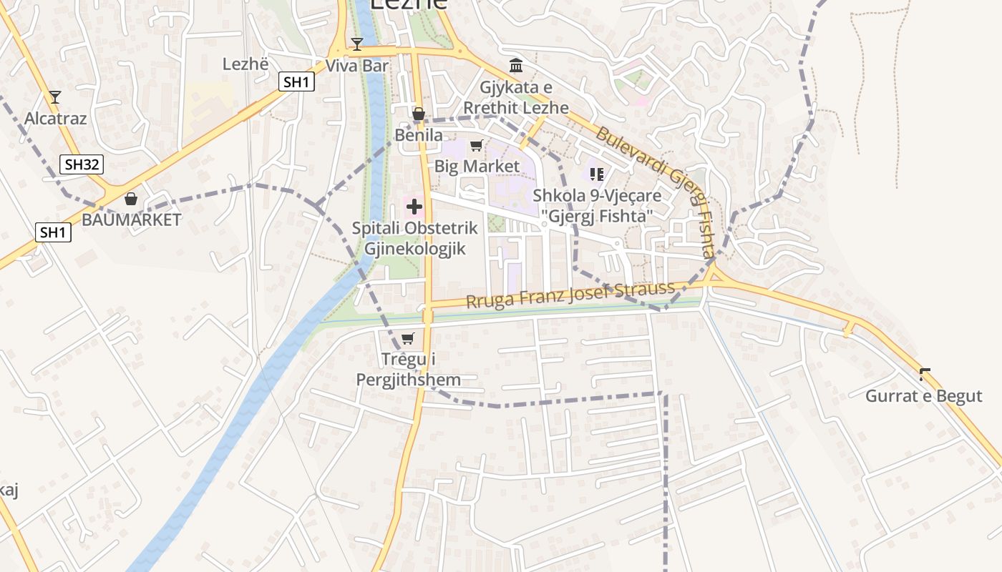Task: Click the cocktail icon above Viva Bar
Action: pos(357,44)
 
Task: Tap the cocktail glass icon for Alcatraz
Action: pos(55,97)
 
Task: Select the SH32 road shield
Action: pos(82,165)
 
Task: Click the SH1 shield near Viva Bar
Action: pos(296,82)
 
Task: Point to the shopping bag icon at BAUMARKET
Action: pos(131,199)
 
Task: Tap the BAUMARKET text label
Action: pos(132,220)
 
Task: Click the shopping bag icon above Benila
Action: pos(419,114)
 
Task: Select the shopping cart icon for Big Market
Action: pos(476,146)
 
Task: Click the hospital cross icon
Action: pos(414,207)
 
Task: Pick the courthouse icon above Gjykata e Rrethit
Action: pos(516,66)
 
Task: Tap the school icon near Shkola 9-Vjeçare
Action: pos(597,174)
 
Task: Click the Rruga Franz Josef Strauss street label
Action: pos(570,295)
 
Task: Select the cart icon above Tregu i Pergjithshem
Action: pos(408,338)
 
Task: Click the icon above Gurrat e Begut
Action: pos(925,374)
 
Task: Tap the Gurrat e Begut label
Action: pos(924,396)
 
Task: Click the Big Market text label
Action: pos(477,167)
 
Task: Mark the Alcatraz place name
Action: pos(56,118)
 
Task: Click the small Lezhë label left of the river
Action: pos(245,64)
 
